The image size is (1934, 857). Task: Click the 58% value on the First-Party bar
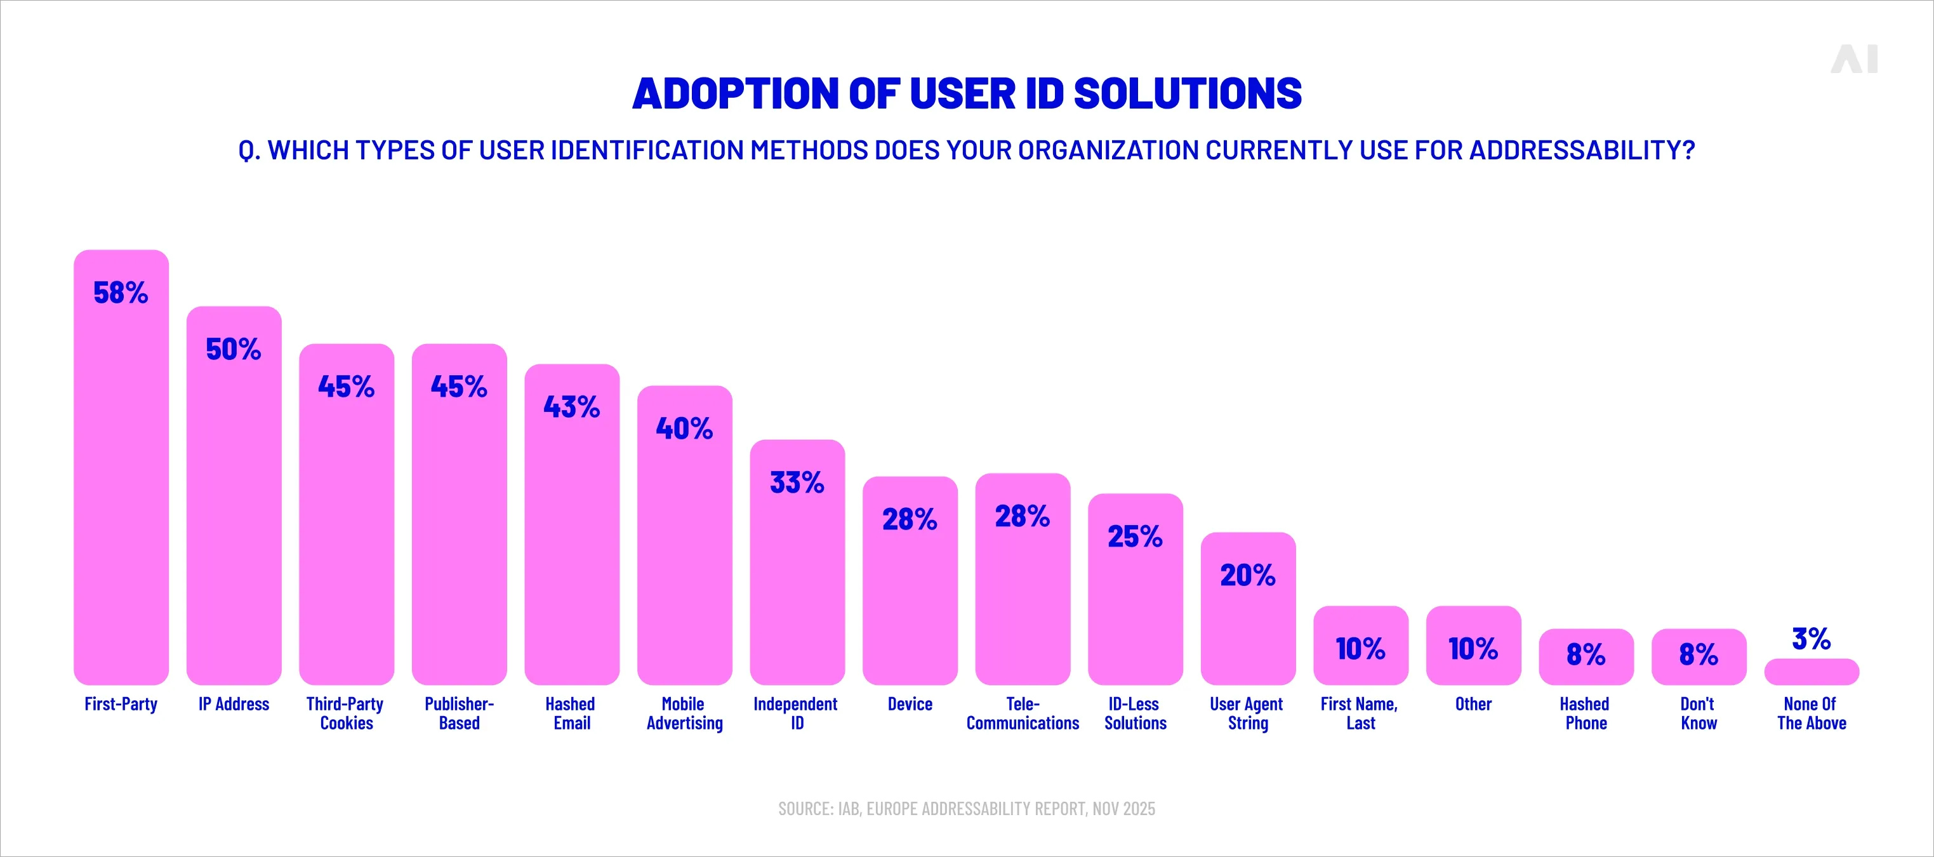pos(120,292)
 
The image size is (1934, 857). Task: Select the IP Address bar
pos(234,518)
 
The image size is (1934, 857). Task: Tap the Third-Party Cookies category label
pos(345,714)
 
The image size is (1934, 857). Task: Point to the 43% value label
pos(571,406)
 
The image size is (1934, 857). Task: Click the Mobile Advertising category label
pos(684,714)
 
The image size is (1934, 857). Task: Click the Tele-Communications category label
pos(1022,714)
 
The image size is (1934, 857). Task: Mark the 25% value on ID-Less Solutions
pos(1134,536)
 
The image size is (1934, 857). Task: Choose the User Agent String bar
pos(1248,631)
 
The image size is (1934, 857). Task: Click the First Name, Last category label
pos(1360,714)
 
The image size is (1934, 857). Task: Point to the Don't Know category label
pos(1699,714)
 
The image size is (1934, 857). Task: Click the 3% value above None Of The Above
pos(1811,639)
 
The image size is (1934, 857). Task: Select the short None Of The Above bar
pos(1811,672)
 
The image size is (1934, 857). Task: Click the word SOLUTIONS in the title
pos(1187,94)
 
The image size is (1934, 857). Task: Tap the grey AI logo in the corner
pos(1853,59)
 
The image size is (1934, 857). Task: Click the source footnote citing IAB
pos(966,809)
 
